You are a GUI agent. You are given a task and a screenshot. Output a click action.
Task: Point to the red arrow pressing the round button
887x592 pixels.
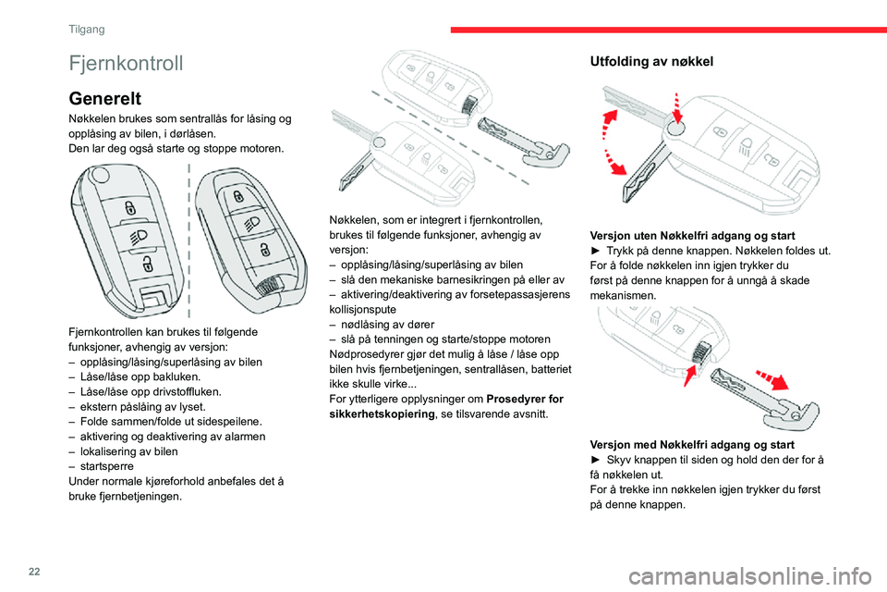[677, 107]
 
